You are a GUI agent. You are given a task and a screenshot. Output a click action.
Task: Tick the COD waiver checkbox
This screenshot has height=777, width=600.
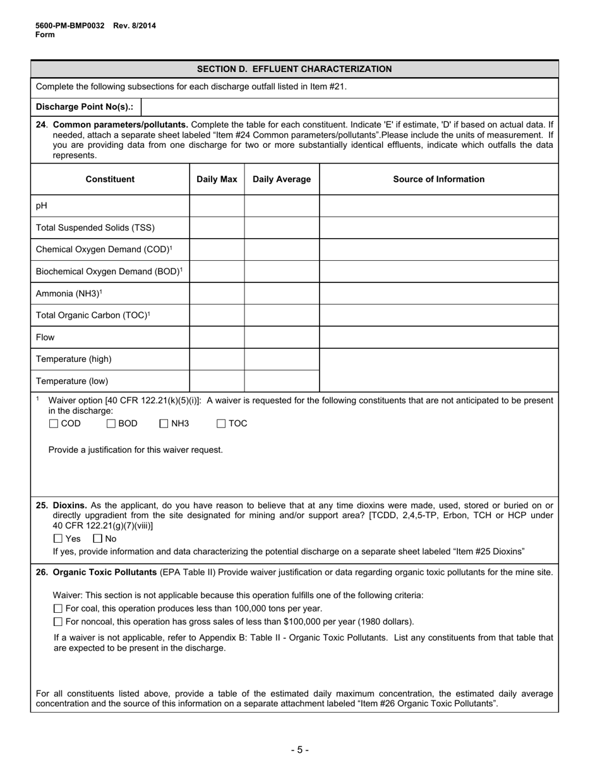point(54,424)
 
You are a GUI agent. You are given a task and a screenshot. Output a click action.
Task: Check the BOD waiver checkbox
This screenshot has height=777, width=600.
point(111,424)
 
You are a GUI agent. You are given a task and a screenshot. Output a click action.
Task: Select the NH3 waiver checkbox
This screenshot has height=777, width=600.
point(164,424)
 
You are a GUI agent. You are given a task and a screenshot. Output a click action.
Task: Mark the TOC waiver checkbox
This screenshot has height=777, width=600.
point(221,424)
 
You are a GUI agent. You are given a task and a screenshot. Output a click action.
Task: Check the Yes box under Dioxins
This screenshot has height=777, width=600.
point(58,539)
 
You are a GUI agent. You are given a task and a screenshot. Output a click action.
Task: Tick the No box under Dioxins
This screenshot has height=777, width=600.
point(97,539)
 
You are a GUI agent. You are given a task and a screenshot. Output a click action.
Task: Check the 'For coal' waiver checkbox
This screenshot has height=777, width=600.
point(58,608)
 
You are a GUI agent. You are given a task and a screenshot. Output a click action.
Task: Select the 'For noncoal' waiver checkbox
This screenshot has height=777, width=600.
point(58,622)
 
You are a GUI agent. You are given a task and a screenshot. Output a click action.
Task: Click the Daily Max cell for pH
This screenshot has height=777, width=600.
point(217,206)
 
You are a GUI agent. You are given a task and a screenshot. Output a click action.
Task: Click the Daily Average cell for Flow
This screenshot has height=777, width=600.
point(282,337)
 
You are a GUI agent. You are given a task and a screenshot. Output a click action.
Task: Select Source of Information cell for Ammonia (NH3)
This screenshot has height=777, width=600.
point(439,293)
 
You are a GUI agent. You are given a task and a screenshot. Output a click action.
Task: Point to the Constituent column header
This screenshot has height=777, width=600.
point(110,179)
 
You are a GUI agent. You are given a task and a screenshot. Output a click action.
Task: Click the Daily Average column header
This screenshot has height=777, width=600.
point(282,179)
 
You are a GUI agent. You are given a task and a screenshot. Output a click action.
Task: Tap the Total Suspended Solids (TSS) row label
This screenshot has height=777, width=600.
point(95,228)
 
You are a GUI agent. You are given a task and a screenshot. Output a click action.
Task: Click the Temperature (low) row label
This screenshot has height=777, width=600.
point(72,381)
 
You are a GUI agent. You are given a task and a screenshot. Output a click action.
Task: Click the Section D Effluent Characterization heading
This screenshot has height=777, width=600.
point(294,69)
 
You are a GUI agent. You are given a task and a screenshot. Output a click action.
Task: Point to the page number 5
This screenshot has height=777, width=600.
point(300,750)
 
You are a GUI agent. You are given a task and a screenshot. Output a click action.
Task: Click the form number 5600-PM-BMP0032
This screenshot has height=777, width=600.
point(69,26)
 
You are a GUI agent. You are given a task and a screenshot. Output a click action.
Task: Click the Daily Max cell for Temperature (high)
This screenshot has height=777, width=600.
point(217,359)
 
